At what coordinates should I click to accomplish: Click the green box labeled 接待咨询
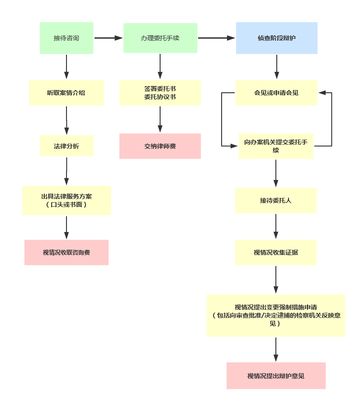click(66, 38)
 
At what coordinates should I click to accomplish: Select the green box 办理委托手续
click(160, 38)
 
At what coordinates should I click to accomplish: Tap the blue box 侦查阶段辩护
click(277, 38)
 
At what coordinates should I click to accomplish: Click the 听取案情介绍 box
click(66, 93)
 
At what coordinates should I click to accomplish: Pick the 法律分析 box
click(66, 146)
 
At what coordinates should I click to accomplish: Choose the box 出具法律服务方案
click(66, 200)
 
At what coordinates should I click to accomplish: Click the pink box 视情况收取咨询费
click(66, 252)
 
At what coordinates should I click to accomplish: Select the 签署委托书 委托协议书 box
click(160, 93)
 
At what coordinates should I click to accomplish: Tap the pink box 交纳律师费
click(160, 146)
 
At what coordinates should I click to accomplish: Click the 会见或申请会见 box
click(276, 93)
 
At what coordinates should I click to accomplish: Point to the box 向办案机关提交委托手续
click(276, 146)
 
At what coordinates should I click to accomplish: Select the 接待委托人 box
click(276, 200)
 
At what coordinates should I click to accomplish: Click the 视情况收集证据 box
click(276, 252)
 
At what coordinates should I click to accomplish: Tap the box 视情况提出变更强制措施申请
click(276, 315)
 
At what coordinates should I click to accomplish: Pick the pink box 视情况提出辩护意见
click(276, 376)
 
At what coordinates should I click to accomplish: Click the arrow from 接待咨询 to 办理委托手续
click(109, 38)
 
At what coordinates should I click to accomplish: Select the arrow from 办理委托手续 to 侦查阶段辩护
click(217, 38)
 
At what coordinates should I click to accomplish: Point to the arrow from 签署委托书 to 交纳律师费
click(160, 120)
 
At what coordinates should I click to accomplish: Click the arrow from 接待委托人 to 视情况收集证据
click(276, 227)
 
